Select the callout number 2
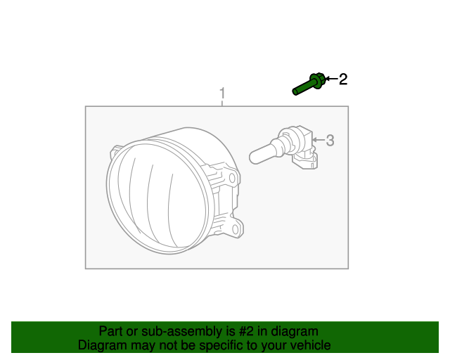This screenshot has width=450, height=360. (x=343, y=79)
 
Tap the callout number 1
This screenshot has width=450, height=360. (x=222, y=93)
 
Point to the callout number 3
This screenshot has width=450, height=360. (x=330, y=141)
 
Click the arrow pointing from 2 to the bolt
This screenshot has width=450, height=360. (x=331, y=79)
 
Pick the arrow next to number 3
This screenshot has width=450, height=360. (x=318, y=141)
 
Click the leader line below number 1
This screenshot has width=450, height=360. (x=222, y=103)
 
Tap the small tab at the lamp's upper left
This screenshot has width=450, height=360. (x=115, y=150)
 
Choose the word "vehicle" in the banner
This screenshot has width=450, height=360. (x=309, y=345)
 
